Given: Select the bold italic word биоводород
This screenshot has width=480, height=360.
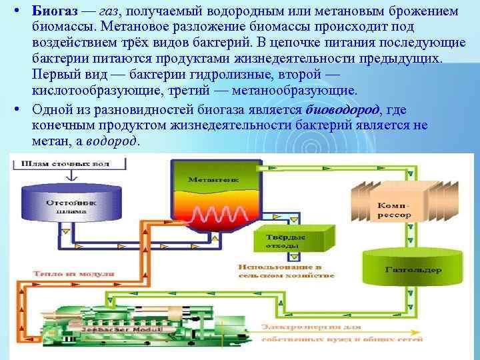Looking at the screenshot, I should tap(342, 110).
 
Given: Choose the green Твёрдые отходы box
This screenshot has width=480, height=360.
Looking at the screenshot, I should tap(287, 241).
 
